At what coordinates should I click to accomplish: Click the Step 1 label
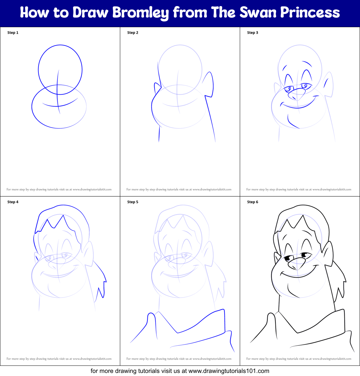(13, 33)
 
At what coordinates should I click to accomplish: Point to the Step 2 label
(133, 33)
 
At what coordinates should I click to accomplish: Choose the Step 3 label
(253, 33)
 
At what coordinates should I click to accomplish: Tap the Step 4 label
(13, 202)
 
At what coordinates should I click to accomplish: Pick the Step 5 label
(133, 202)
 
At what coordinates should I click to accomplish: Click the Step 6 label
(253, 202)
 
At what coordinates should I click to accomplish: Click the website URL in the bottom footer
(229, 371)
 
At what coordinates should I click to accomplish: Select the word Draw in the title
(91, 13)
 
